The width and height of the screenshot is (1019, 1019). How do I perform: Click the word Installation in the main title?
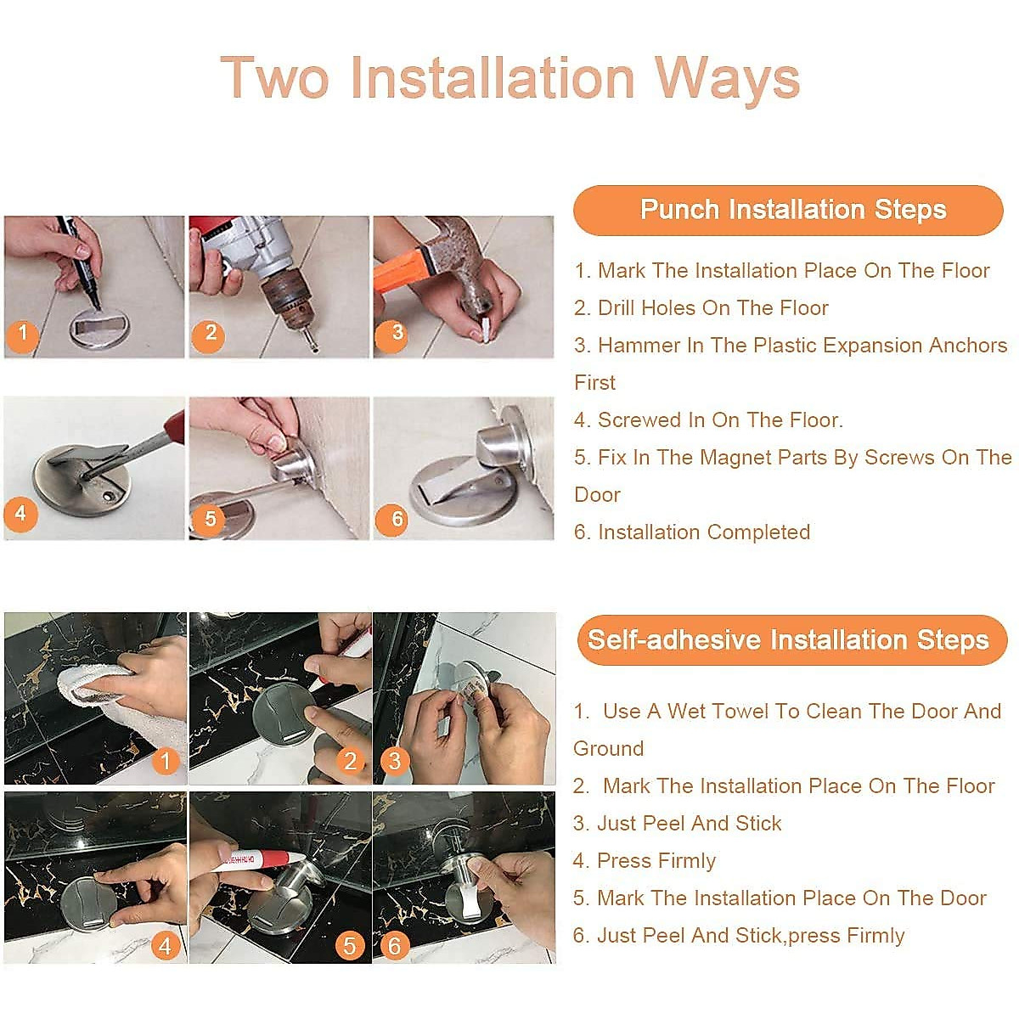[492, 78]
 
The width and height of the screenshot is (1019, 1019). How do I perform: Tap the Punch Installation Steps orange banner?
[788, 210]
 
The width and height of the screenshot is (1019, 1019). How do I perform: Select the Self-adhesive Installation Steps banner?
[791, 639]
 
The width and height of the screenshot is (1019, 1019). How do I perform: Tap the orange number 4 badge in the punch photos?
[20, 514]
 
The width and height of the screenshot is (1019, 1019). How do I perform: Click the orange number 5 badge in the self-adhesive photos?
[350, 945]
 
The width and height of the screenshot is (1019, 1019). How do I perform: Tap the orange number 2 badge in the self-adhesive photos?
[350, 760]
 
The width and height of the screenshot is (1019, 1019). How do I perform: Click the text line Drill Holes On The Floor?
[701, 307]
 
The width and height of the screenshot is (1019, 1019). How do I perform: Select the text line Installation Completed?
[692, 532]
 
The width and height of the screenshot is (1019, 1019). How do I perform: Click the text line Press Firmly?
[644, 861]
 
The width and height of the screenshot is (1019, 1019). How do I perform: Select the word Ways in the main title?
[727, 79]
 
